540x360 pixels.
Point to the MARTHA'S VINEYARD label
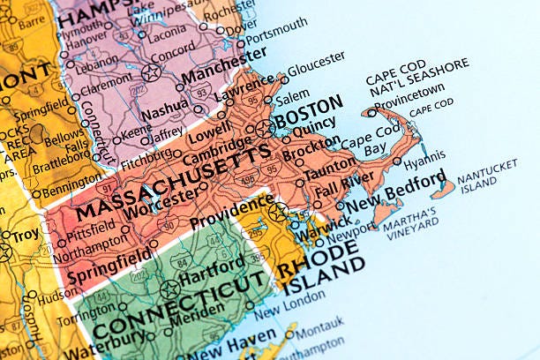(410, 218)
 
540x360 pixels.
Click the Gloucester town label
(317, 61)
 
